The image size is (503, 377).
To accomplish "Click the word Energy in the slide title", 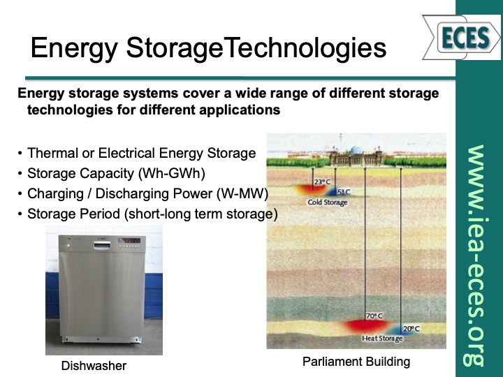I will click(x=73, y=47).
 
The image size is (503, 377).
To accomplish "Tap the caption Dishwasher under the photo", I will click(x=94, y=366).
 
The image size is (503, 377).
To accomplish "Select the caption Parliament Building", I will click(x=356, y=362).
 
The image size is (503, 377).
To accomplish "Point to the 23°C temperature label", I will click(x=322, y=182).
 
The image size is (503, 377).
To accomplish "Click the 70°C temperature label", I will click(x=374, y=316).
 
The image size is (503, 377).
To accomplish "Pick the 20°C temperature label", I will click(x=411, y=328).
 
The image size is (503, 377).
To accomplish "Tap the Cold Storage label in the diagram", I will click(x=327, y=202).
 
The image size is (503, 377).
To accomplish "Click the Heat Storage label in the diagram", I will click(x=382, y=339).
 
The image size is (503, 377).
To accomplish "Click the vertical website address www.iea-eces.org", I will click(x=476, y=255).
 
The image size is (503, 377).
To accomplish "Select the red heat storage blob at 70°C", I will click(x=368, y=326).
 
